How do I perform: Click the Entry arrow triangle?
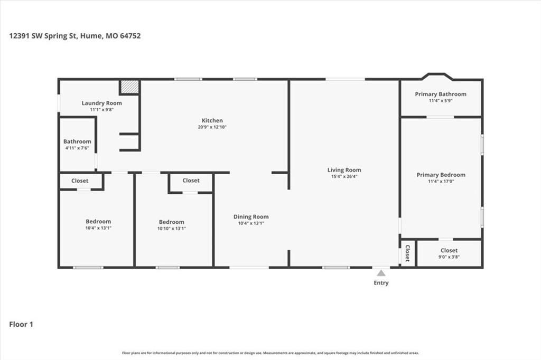coord(381,273)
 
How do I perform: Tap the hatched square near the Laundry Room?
coord(130,87)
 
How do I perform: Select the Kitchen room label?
coord(212,120)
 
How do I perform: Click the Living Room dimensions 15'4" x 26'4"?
coord(344,176)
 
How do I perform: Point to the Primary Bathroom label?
coord(441,94)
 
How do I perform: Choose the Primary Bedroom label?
coord(441,175)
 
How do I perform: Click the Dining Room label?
coord(251,216)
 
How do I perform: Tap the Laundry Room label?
coord(102,103)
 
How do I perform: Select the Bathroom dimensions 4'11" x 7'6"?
coord(77,148)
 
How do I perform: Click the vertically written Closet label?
coord(407,253)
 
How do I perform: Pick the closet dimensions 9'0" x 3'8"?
coord(449,257)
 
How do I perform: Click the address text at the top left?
coord(75,36)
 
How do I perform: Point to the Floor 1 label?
coord(21,324)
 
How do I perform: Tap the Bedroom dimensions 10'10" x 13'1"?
coord(172,228)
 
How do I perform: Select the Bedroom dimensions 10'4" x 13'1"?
coord(98,228)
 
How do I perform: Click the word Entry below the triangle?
coord(381,283)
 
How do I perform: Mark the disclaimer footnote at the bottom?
coord(270,353)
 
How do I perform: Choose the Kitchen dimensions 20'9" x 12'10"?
coord(212,127)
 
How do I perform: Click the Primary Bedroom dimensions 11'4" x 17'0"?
coord(441,182)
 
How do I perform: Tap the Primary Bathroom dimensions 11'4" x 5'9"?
coord(441,101)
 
